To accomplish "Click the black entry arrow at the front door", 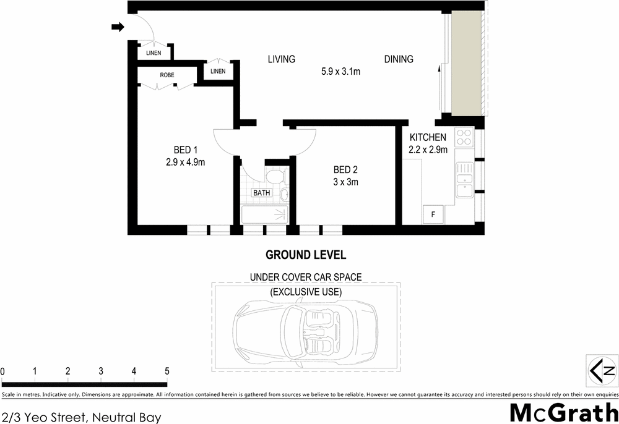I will coord(117,27).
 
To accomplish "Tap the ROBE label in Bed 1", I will coord(167,75).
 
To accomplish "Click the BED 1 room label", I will coord(185,150).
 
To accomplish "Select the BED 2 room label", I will coord(346,170).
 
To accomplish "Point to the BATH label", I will coord(261,193).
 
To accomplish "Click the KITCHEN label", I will coord(428,137).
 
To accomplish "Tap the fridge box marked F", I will coord(433,214).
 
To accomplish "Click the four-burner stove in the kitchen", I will coord(464,137).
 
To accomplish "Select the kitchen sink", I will coord(463,180).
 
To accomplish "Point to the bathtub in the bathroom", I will coord(264,214).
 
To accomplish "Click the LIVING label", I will coord(281,59).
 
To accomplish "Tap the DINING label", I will coord(399,59).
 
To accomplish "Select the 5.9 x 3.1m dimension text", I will coord(340,71).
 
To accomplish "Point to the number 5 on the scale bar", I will coord(167,371).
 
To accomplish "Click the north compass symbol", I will coord(601,371).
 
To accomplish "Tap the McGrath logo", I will coord(563,412).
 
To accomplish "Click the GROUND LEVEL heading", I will coord(305,255).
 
